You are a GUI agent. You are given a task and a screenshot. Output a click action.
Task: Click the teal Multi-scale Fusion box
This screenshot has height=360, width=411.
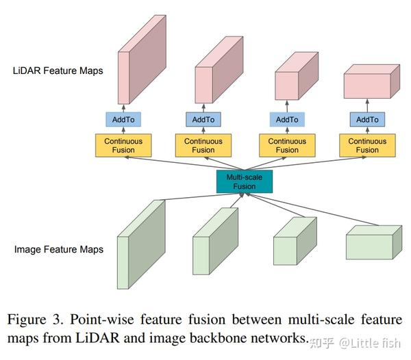click(245, 181)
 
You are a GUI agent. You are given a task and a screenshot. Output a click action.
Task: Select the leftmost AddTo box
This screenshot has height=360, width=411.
click(123, 120)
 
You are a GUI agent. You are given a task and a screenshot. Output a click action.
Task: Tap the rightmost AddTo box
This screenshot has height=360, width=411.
click(367, 120)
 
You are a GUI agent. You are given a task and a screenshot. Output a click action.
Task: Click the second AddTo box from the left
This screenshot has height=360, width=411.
click(203, 120)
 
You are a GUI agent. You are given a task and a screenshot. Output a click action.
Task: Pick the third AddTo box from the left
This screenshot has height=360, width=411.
click(287, 120)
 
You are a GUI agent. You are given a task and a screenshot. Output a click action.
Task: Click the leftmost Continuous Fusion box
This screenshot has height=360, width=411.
click(123, 145)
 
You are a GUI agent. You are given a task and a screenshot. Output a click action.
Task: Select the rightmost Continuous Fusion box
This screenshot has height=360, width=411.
click(367, 145)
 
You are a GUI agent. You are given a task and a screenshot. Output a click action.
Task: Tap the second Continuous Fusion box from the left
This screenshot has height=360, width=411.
click(203, 145)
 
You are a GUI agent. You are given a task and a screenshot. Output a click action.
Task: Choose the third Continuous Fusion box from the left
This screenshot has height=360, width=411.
click(287, 145)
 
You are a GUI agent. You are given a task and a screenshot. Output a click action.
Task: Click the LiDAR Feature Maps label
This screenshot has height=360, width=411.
click(58, 70)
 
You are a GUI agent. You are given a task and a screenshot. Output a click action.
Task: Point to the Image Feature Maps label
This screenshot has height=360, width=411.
click(59, 249)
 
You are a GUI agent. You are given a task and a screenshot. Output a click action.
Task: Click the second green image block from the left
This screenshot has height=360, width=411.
click(214, 243)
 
